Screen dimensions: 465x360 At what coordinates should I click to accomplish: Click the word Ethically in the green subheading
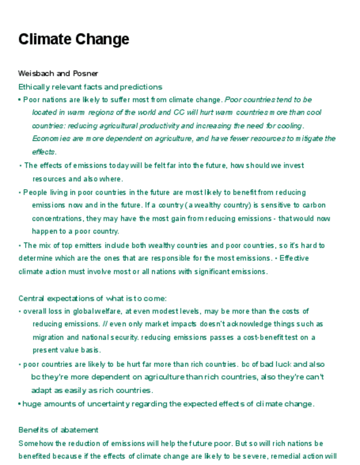pos(34,87)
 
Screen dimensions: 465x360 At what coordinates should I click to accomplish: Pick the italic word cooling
pos(290,126)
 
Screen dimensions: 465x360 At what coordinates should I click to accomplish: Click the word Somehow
pos(35,443)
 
